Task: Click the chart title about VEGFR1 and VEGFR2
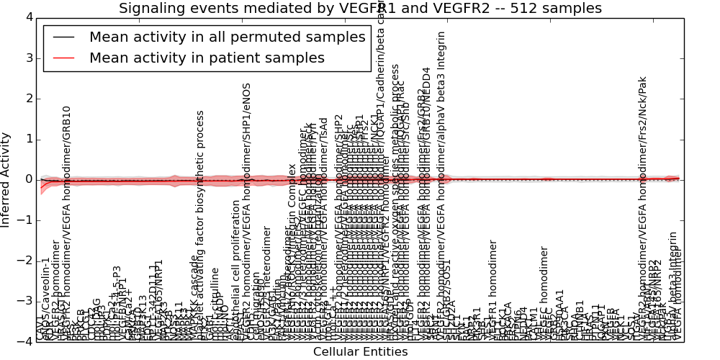[x=360, y=8]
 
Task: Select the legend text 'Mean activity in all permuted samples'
[x=227, y=37]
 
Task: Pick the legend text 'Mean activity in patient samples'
[x=207, y=58]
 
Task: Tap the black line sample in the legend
[x=63, y=37]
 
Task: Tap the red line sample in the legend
[x=63, y=58]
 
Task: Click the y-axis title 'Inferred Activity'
[x=6, y=179]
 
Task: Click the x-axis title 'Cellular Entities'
[x=360, y=352]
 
